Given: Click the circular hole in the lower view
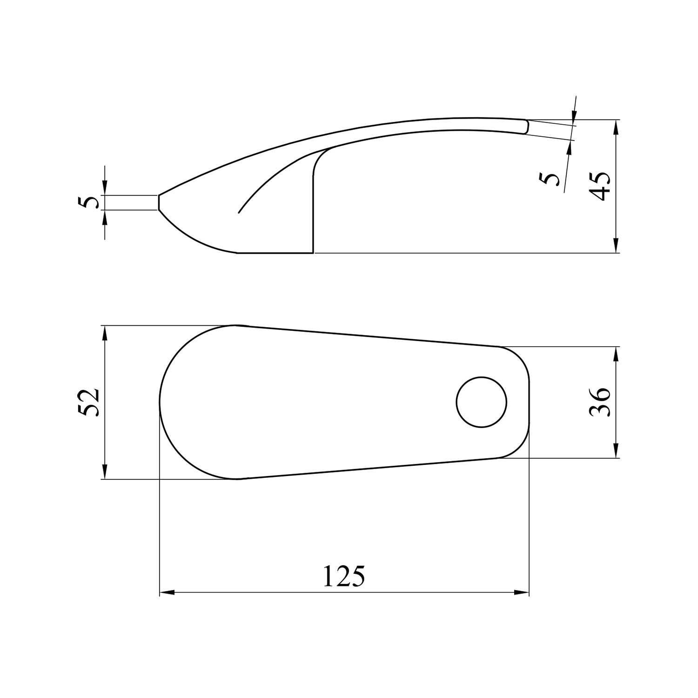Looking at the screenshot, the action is pos(482,402).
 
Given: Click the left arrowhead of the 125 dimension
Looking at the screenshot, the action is pos(167,593).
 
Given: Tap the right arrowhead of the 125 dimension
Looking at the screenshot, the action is pos(522,593).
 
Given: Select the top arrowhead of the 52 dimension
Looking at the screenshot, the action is pos(105,333).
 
